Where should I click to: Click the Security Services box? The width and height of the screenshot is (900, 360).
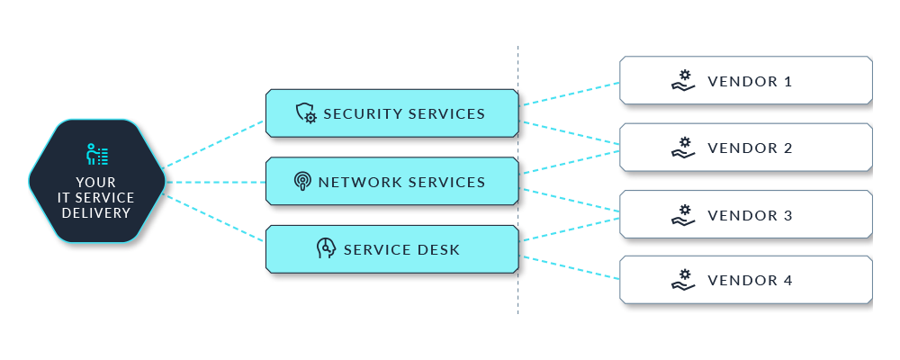click(391, 113)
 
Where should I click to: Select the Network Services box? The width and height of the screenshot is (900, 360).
click(391, 182)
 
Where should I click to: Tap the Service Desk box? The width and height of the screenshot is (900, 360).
click(391, 249)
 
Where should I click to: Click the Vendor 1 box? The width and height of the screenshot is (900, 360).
click(745, 81)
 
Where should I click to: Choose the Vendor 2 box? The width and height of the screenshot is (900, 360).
click(745, 148)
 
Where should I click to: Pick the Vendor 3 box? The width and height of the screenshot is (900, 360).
click(745, 215)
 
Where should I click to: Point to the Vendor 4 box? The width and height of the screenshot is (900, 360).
click(745, 280)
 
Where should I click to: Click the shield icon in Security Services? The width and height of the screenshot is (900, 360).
click(306, 113)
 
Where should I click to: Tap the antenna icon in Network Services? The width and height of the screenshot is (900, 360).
click(303, 182)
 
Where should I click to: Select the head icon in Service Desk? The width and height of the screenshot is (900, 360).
click(326, 249)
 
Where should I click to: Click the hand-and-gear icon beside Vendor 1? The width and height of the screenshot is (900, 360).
click(683, 81)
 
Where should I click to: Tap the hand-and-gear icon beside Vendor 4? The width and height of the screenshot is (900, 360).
click(683, 280)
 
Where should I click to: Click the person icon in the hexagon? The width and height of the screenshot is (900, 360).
click(96, 155)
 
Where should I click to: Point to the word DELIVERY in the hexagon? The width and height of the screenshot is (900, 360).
click(96, 213)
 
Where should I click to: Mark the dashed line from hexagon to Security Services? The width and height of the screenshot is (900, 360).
click(216, 142)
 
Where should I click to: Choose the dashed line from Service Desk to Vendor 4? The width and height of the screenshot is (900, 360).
click(569, 267)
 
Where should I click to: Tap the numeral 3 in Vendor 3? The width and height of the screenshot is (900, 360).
click(787, 215)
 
